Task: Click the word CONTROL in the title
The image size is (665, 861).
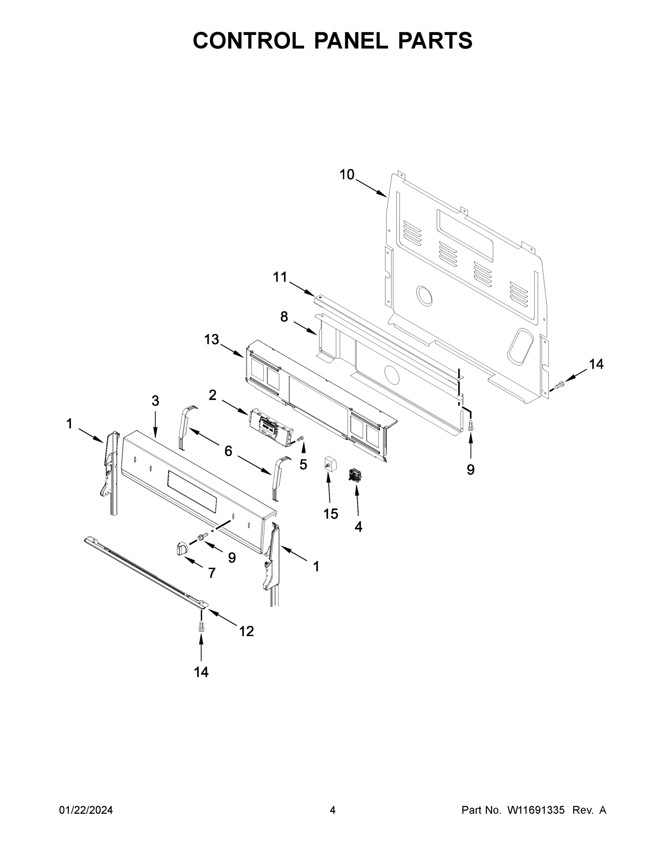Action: pos(248,41)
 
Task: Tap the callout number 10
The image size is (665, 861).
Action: pos(347,175)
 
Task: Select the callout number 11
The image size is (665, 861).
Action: pos(280,277)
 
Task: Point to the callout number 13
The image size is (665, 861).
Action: pos(212,339)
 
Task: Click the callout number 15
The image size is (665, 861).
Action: pos(331,514)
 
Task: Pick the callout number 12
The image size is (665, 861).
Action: pos(247,631)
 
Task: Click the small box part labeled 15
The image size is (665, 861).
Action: pos(330,464)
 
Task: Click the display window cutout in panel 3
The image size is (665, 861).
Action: pos(192,491)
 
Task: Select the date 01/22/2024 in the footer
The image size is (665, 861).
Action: pos(86,810)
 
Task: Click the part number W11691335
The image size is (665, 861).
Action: pos(536,810)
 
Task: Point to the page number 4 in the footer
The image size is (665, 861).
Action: pos(333,810)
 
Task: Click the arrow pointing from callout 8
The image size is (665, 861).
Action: pos(305,328)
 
